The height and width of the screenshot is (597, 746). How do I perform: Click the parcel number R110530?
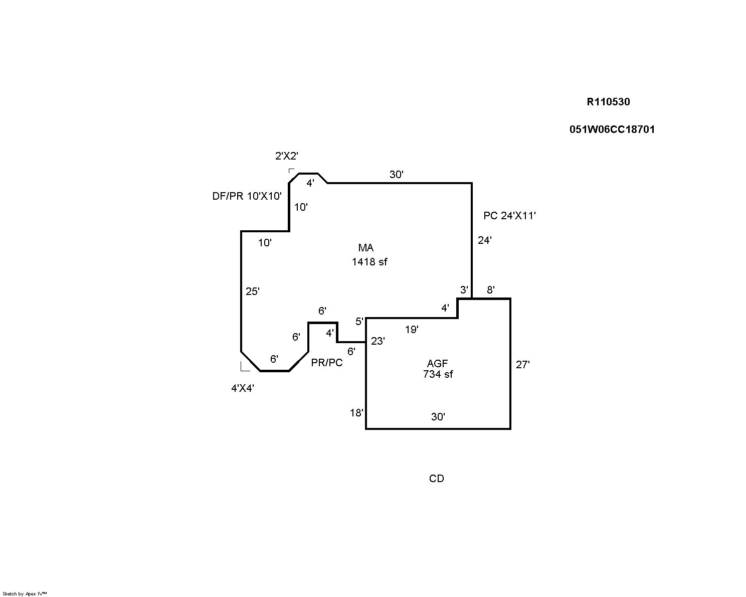[608, 102]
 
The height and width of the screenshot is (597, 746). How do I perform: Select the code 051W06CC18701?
[612, 129]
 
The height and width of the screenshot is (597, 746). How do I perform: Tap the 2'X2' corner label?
[287, 156]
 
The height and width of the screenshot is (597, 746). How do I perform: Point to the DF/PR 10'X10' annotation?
[247, 196]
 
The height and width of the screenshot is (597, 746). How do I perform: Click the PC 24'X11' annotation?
[510, 216]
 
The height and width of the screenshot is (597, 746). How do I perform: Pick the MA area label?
[366, 248]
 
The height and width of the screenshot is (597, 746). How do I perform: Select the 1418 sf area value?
[369, 261]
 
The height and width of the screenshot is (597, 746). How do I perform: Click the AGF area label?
[438, 364]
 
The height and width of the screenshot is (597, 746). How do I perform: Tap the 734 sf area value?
[438, 374]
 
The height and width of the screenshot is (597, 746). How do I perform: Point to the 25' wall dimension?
[252, 291]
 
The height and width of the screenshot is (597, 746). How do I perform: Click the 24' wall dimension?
[484, 240]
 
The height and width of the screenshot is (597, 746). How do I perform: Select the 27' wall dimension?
[522, 365]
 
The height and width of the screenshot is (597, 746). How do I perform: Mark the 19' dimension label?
[412, 330]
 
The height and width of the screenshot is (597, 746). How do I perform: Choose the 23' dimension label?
[378, 341]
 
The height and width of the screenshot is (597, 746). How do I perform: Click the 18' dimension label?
[356, 413]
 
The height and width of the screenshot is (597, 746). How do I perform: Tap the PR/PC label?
[327, 363]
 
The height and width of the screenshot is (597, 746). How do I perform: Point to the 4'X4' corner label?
[243, 388]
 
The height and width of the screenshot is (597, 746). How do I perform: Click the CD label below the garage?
[437, 479]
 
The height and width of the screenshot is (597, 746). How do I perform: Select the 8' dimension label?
[491, 290]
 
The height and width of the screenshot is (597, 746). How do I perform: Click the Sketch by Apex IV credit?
[25, 593]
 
